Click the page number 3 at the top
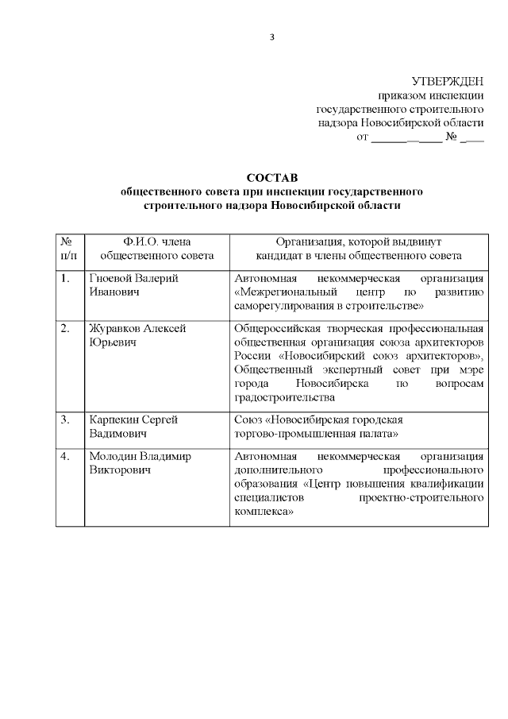coord(272,37)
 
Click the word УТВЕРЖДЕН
coord(448,81)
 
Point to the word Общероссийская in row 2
coord(278,328)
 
